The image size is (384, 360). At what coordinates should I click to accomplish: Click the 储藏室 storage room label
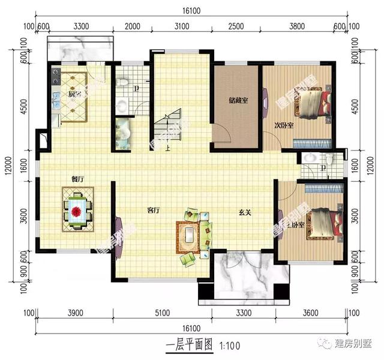[x=238, y=101]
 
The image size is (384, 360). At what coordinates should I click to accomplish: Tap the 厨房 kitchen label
[x=74, y=95]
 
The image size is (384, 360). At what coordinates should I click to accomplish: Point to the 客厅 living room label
[x=154, y=211]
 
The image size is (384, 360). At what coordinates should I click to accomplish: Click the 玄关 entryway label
[x=243, y=211]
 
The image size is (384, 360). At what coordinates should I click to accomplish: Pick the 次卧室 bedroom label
[x=284, y=125]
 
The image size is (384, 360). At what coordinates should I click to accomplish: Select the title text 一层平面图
[x=189, y=346]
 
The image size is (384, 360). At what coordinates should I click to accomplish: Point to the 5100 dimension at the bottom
[x=162, y=313]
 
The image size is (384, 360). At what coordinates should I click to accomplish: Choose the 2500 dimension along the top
[x=236, y=26]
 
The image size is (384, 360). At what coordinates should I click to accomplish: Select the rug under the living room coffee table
[x=190, y=236]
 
